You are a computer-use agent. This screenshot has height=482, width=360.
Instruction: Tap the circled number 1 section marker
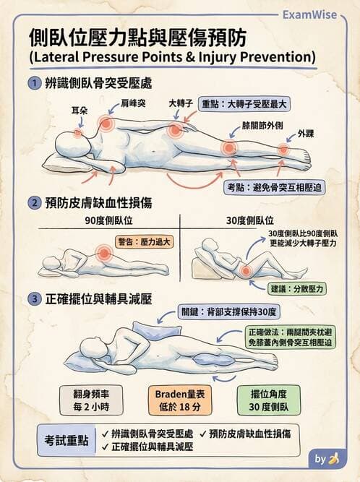pos(34,83)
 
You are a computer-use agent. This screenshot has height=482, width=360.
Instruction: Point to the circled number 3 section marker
pos(34,298)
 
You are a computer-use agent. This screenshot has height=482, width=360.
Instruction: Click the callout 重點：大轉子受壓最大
pos(244,103)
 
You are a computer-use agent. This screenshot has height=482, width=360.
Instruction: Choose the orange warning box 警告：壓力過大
pos(143,241)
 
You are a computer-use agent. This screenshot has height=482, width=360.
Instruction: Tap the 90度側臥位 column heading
pos(109,220)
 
